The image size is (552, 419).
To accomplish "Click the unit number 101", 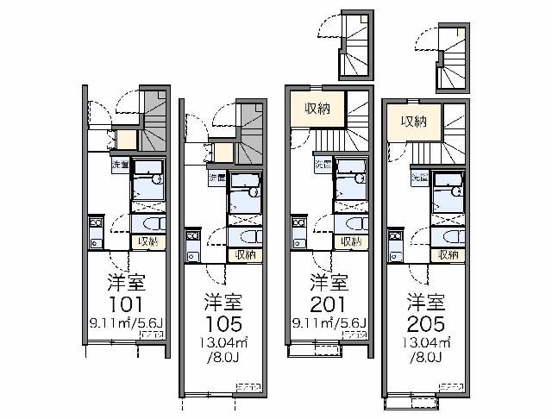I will [125, 305].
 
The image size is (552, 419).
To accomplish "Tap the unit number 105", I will [223, 324].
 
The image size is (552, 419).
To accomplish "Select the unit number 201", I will [328, 305].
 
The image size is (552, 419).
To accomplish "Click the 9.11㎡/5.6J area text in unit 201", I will [329, 323].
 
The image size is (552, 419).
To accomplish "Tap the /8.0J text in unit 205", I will [426, 356].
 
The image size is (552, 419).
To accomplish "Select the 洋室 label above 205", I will [426, 303].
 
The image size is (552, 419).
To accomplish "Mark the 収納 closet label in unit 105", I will [246, 255].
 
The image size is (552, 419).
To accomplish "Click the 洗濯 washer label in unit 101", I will [119, 164].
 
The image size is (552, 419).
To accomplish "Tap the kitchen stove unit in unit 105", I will [192, 248].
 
